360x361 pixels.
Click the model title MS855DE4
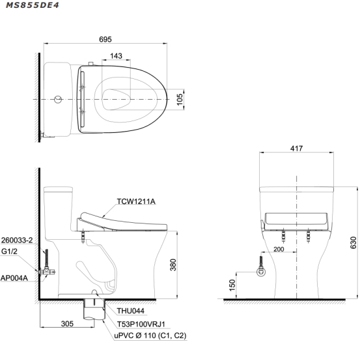coord(33,5)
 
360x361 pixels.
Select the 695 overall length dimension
coord(105,39)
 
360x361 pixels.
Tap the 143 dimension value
coord(116,56)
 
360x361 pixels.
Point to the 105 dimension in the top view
coord(180,99)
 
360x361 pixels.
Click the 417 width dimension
coord(296,149)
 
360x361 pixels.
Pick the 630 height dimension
coord(353,242)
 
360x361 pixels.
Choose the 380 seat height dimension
coord(173,265)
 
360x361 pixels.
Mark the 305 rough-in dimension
coord(67,324)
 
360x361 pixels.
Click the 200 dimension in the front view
coord(279,249)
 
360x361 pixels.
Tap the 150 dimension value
coord(232,285)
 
